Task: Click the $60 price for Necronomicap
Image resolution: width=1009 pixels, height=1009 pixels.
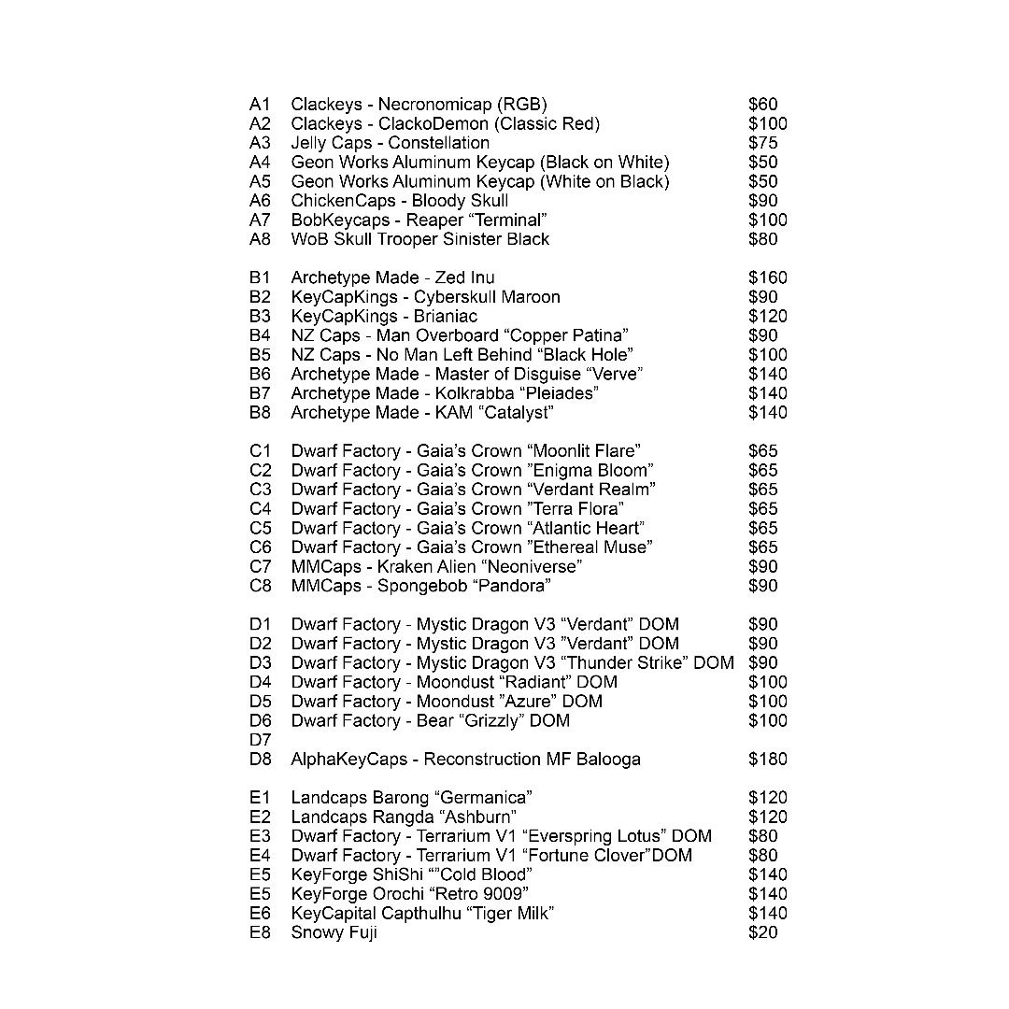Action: [x=762, y=105]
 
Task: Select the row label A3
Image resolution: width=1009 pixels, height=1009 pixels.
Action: [x=260, y=143]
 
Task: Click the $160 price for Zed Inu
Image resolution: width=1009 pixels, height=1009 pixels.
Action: [x=767, y=277]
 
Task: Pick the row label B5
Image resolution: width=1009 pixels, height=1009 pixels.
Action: [x=260, y=355]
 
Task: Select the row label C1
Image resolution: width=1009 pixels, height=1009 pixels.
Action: [x=260, y=451]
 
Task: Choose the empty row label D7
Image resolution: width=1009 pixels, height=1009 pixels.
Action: [x=260, y=740]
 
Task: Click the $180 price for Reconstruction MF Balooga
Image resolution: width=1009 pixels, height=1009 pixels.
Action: [x=767, y=760]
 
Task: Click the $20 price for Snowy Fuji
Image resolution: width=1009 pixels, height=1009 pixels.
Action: [x=762, y=932]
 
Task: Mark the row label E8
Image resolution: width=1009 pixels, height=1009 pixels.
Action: [x=260, y=932]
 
